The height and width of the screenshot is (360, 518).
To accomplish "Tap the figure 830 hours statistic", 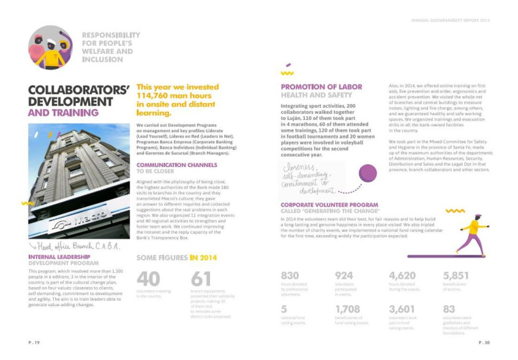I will [290, 275].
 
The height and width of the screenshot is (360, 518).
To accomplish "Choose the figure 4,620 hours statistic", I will [402, 275].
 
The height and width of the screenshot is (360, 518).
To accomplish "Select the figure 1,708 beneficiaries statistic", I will [348, 309].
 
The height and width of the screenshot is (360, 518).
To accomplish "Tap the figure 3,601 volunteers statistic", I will [403, 309].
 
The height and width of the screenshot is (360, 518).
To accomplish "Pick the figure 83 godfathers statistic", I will [450, 309].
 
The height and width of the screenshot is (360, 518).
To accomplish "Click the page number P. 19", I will [34, 342].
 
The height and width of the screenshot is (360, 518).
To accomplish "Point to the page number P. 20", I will [483, 342].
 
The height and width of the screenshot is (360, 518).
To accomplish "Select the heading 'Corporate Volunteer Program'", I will [329, 205].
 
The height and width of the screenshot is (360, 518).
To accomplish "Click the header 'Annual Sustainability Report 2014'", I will [450, 20].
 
